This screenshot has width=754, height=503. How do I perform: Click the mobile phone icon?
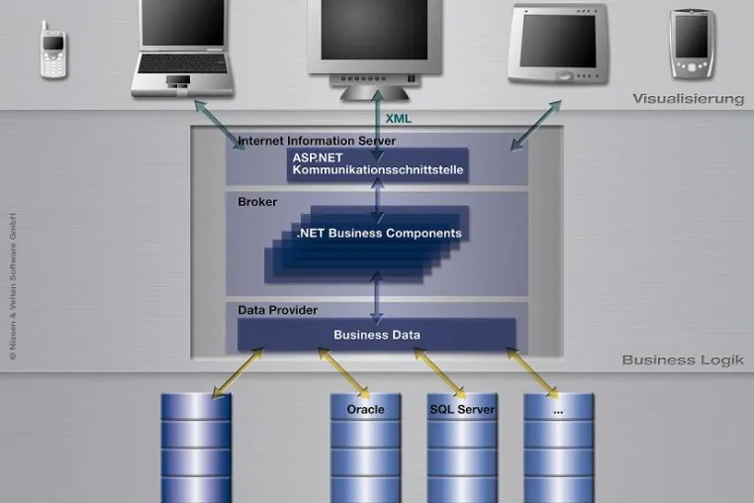52,50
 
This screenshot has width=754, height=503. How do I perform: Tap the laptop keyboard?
182,63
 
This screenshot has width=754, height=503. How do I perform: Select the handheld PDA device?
692,44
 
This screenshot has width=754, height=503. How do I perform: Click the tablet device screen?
558,41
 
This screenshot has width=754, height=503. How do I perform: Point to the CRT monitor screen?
374,30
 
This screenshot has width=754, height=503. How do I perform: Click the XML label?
398,119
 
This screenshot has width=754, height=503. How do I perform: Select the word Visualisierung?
688,99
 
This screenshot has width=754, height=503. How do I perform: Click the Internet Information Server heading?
317,141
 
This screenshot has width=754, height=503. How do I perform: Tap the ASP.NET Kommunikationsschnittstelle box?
377,164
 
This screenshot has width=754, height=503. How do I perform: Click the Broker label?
257,202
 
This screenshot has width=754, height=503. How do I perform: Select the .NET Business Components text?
379,233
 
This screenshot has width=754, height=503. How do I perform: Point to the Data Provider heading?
277,310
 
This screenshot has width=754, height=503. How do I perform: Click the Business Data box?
377,335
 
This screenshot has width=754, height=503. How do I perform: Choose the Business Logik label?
683,360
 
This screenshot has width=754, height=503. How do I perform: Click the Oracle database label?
365,410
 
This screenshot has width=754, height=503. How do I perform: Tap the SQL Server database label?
462,410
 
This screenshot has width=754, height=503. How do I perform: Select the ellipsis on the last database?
558,412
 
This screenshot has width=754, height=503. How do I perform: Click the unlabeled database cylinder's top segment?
196,407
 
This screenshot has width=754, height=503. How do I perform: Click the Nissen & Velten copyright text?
13,286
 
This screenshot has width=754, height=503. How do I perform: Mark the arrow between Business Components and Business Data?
377,297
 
